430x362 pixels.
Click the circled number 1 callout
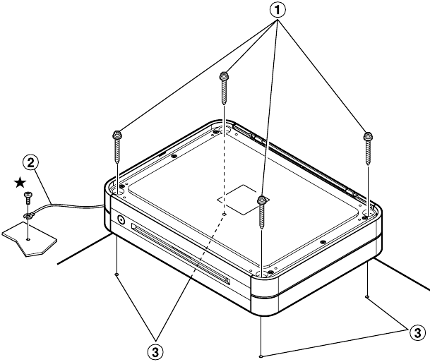click(x=277, y=10)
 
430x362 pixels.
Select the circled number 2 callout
click(x=30, y=163)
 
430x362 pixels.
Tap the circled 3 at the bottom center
click(x=155, y=352)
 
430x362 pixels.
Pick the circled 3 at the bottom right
click(x=417, y=333)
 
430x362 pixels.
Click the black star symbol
click(x=20, y=183)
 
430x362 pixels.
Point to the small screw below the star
click(x=28, y=198)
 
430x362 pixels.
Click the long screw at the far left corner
click(x=117, y=147)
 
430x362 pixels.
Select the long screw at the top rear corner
click(x=225, y=88)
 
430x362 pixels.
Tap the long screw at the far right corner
click(x=368, y=148)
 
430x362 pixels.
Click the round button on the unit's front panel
click(x=121, y=219)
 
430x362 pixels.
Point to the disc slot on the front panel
click(x=181, y=254)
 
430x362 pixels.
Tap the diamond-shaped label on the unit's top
click(x=244, y=200)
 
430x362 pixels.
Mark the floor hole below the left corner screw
click(x=117, y=274)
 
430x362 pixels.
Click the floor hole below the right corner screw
click(x=367, y=296)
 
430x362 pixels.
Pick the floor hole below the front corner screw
click(x=261, y=356)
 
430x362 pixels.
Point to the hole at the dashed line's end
click(x=225, y=215)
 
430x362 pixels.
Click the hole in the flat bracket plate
click(x=28, y=239)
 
